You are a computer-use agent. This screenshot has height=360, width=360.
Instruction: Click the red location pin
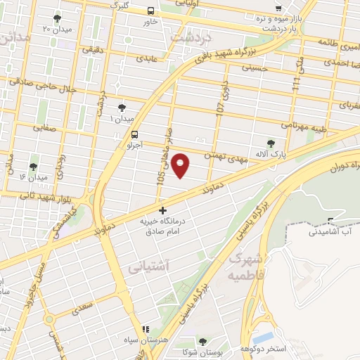pyautogui.click(x=181, y=165)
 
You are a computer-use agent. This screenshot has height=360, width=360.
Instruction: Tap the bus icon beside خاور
pyautogui.click(x=151, y=11)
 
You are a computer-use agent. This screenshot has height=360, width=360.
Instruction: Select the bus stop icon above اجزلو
pyautogui.click(x=134, y=134)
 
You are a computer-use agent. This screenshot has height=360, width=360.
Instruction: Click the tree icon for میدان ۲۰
pyautogui.click(x=57, y=19)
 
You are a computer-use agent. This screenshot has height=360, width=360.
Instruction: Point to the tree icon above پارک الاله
pyautogui.click(x=271, y=143)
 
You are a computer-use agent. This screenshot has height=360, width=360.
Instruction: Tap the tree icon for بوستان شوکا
pyautogui.click(x=202, y=341)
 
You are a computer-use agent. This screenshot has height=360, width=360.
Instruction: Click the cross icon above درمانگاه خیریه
pyautogui.click(x=163, y=210)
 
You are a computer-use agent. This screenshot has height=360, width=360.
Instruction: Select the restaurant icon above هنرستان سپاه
pyautogui.click(x=146, y=328)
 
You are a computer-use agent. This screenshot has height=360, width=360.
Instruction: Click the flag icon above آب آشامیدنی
pyautogui.click(x=311, y=221)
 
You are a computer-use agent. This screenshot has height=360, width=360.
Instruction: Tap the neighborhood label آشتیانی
pyautogui.click(x=147, y=267)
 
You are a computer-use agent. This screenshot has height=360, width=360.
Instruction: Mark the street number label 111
pyautogui.click(x=295, y=84)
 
